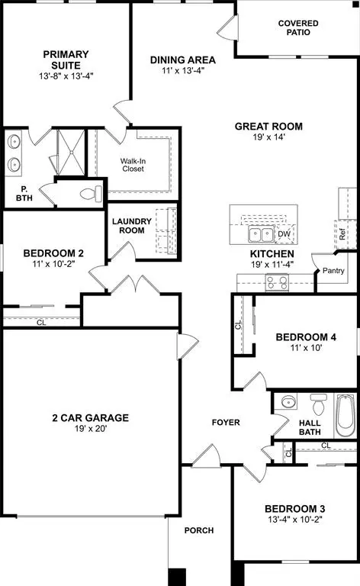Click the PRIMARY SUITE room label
point(66,54)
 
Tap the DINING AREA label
point(182,60)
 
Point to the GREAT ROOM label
point(268,127)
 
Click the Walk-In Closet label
point(137,164)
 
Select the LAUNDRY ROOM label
point(132,227)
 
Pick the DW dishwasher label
point(284,234)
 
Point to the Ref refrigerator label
point(343,233)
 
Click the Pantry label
point(333,271)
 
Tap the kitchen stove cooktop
point(275,283)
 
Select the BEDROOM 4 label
point(306,336)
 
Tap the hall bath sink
point(288,404)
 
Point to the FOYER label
point(226,422)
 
